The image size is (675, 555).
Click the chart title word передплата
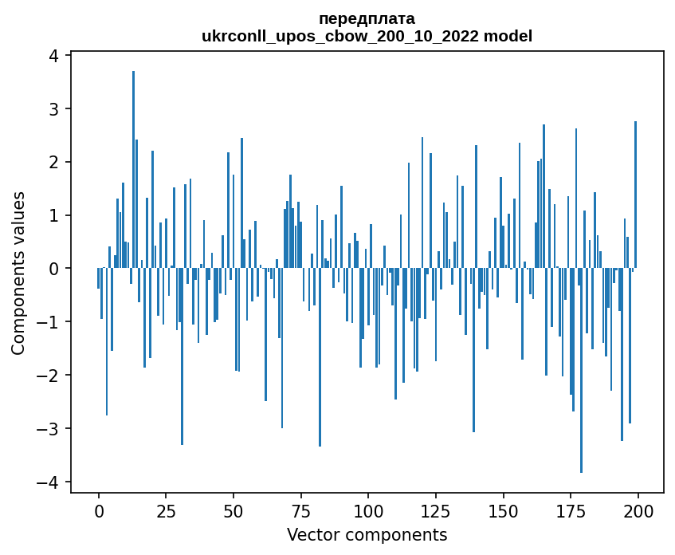pyautogui.click(x=367, y=18)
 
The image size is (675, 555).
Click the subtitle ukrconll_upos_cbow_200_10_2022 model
pyautogui.click(x=367, y=36)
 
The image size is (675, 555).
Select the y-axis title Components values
pyautogui.click(x=18, y=273)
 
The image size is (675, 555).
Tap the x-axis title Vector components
pyautogui.click(x=367, y=534)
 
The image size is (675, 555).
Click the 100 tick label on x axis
pyautogui.click(x=368, y=511)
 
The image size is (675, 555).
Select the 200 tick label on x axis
pyautogui.click(x=638, y=511)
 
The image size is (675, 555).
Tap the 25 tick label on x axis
pyautogui.click(x=166, y=511)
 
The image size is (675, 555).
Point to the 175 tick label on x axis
pyautogui.click(x=571, y=511)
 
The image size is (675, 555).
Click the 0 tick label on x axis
pyautogui.click(x=99, y=511)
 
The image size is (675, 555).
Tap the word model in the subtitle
pyautogui.click(x=511, y=36)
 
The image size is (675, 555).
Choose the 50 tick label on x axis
pyautogui.click(x=234, y=511)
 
